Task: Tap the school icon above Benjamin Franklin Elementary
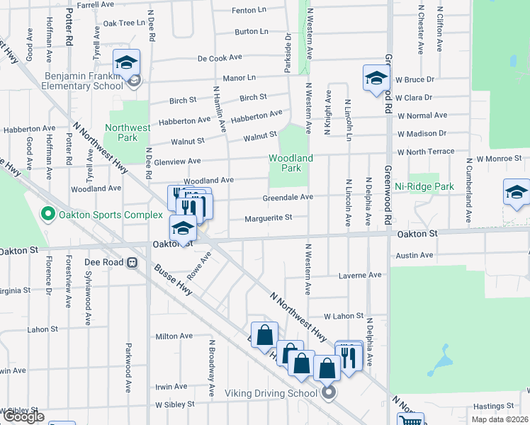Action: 126,62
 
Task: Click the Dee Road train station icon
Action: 131,261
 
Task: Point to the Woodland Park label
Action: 291,163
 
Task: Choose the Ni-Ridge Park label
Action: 424,186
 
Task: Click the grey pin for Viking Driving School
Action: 328,392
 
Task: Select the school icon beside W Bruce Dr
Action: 376,78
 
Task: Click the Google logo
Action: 23,416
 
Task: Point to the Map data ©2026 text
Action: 500,419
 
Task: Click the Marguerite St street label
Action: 269,219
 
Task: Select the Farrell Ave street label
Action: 96,4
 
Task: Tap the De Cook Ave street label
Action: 220,57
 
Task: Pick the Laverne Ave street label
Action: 360,275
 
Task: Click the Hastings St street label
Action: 492,407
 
